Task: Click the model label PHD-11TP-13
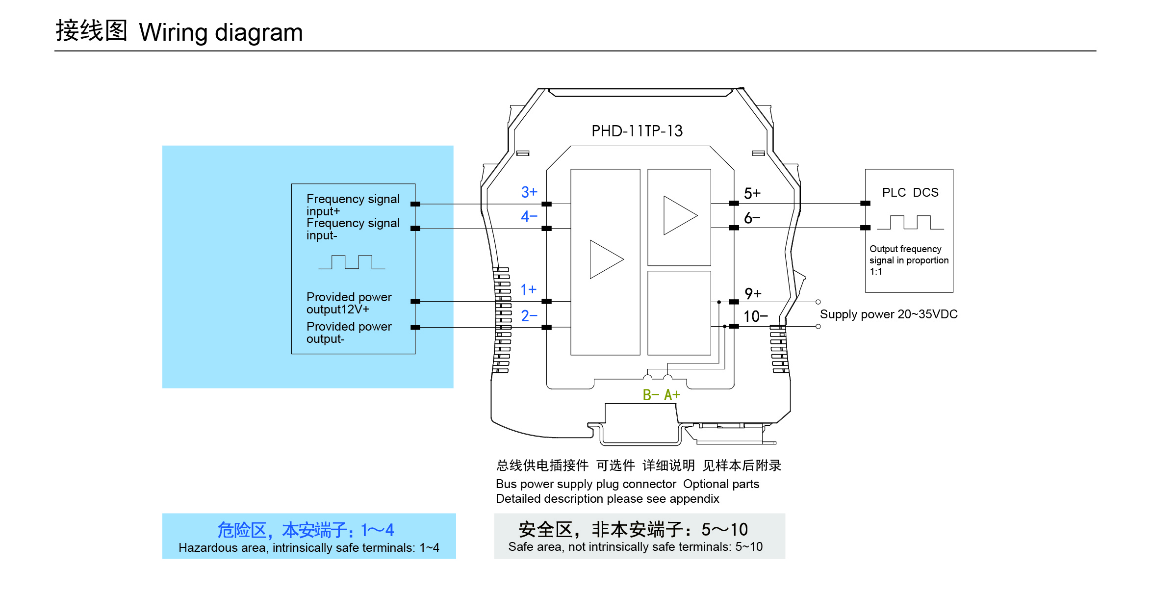point(637,131)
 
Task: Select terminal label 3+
point(529,192)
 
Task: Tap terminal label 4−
point(529,216)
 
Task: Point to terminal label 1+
point(529,290)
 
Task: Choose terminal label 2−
point(529,316)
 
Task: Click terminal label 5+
point(752,193)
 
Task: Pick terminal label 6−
point(752,218)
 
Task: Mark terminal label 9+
point(753,293)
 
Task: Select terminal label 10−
point(755,316)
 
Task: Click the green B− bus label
point(651,395)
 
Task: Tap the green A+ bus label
point(672,395)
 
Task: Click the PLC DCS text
point(910,192)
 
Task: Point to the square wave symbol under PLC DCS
point(910,222)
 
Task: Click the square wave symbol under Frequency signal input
point(352,262)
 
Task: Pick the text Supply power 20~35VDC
point(889,314)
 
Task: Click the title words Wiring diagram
point(221,32)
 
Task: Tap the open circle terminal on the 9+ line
point(818,302)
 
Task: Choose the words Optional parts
point(721,484)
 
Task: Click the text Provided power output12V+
point(349,303)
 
